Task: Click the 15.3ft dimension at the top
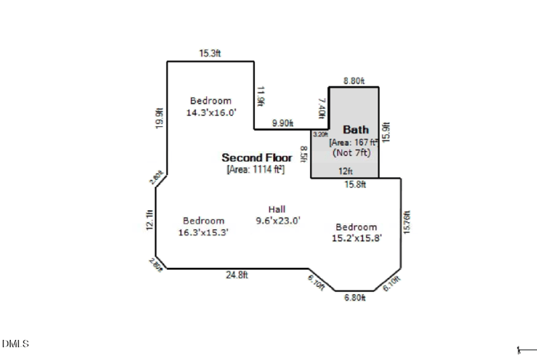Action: [x=209, y=54]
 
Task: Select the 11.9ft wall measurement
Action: [x=260, y=95]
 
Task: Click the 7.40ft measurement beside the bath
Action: [x=322, y=107]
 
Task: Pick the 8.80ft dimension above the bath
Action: [x=354, y=81]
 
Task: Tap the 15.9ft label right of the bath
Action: [x=385, y=132]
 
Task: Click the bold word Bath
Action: [x=356, y=129]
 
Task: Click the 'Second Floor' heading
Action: [x=257, y=158]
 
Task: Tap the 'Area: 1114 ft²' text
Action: [x=256, y=169]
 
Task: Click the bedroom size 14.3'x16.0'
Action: [x=211, y=113]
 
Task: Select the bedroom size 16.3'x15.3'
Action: [x=204, y=232]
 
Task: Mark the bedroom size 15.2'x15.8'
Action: [x=356, y=238]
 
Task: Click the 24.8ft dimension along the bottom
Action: [x=236, y=275]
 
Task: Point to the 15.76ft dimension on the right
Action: [x=407, y=222]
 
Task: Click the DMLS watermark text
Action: [x=15, y=344]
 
